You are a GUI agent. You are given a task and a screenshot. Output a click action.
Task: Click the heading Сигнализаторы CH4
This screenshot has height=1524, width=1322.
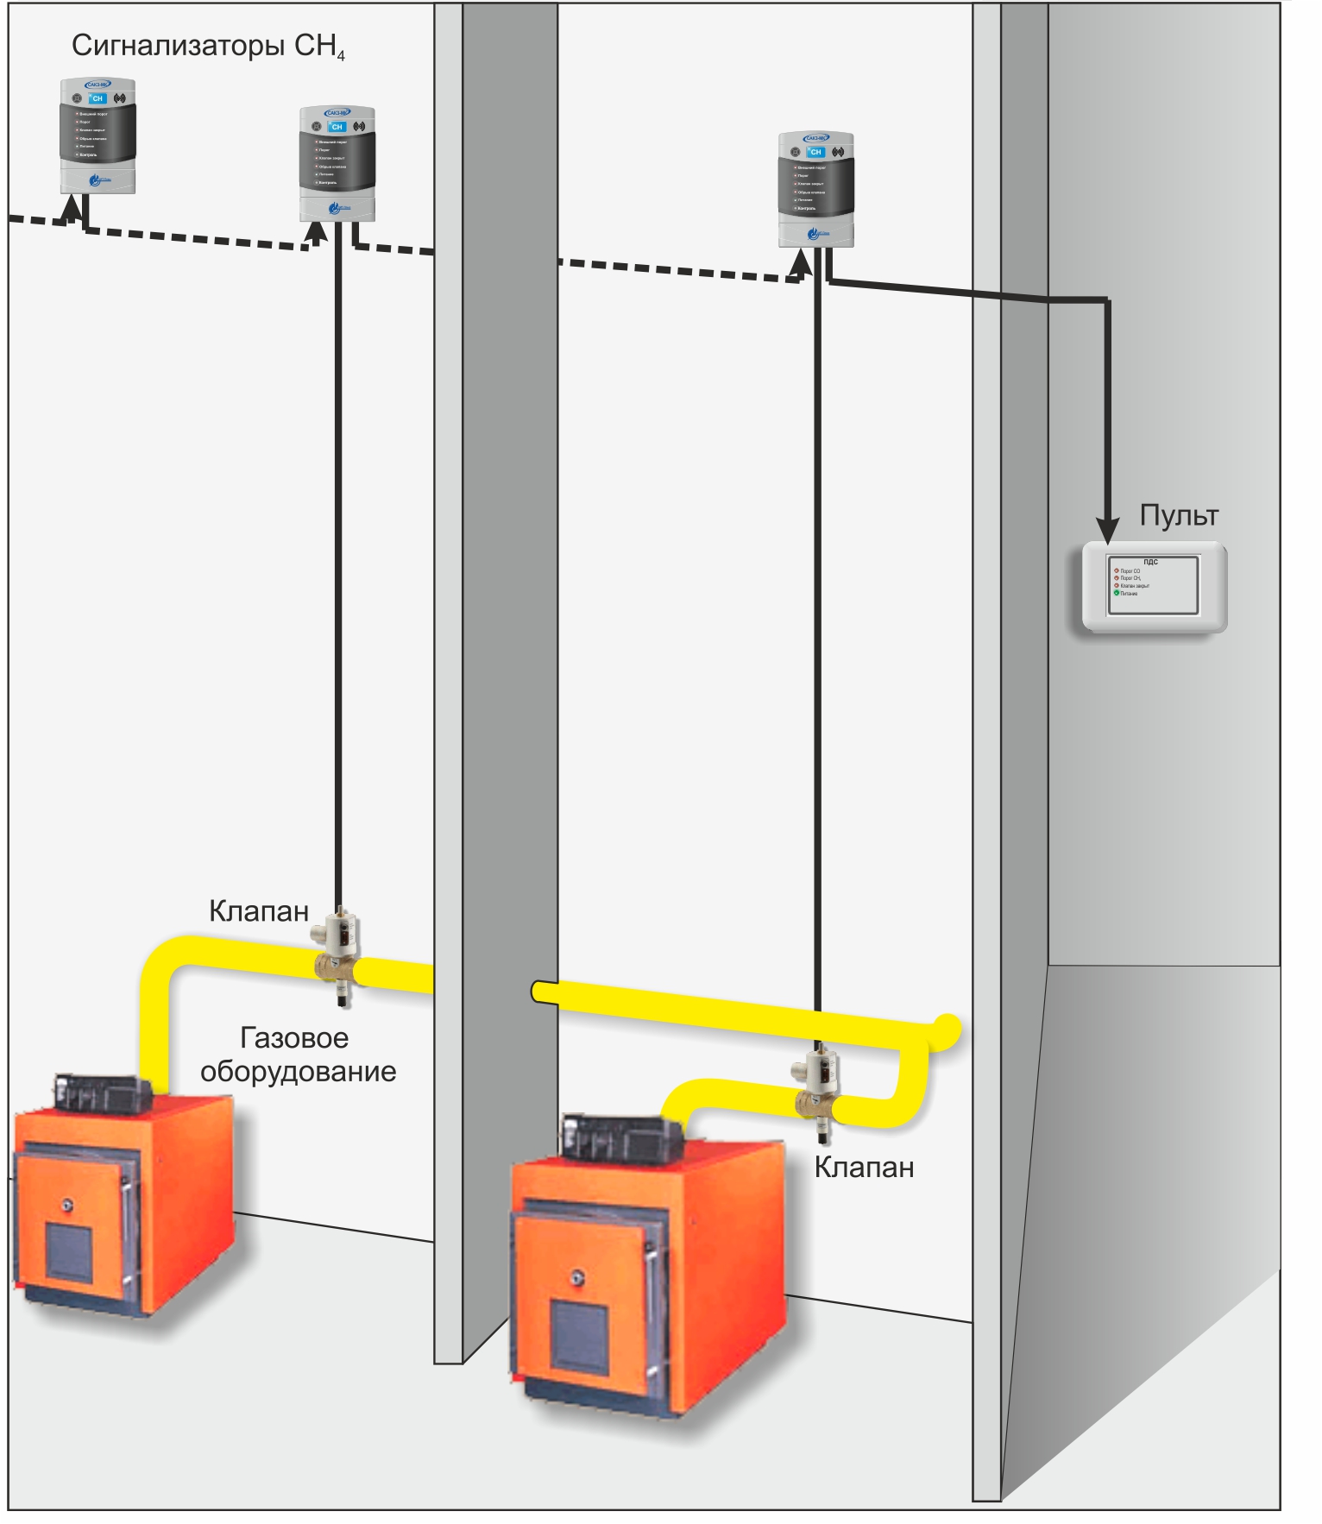tap(208, 46)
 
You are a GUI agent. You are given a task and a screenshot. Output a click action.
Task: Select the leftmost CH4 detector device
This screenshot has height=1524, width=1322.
tap(98, 135)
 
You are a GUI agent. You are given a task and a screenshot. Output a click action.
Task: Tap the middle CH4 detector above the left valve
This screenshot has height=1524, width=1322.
tap(337, 163)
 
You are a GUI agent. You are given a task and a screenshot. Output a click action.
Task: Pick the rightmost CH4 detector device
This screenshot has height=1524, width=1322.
tap(815, 189)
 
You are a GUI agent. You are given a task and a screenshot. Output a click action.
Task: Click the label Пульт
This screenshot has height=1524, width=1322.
tap(1179, 515)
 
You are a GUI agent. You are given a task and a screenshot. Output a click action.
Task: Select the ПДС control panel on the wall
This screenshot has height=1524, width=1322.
tap(1155, 587)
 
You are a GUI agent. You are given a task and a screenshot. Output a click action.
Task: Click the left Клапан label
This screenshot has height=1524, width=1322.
tap(259, 910)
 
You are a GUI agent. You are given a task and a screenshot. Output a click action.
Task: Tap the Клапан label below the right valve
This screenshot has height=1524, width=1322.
tap(864, 1167)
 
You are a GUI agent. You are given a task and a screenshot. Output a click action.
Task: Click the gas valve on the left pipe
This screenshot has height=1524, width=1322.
tap(337, 954)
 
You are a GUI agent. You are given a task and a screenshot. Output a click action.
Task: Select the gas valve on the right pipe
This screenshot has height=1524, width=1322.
tap(815, 1089)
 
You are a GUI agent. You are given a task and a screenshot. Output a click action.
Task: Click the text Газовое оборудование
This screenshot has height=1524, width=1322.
tap(298, 1055)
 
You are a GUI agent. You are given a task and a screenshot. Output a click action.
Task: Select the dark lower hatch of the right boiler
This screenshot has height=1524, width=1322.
tap(579, 1333)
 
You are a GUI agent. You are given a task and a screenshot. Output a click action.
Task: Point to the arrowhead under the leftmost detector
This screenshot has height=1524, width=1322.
tap(74, 207)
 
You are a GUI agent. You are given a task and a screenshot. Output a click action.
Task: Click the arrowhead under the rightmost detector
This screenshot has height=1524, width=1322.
tap(802, 262)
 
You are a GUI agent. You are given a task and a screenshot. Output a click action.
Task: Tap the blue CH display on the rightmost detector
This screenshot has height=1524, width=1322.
tap(815, 152)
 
